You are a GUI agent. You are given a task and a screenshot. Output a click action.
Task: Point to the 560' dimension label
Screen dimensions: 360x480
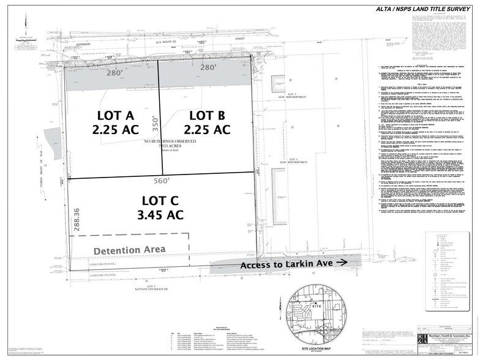click(160, 181)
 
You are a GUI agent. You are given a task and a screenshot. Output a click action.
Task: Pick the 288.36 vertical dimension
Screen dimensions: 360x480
click(77, 219)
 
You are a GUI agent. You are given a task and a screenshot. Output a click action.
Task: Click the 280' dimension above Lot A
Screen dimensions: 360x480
click(115, 73)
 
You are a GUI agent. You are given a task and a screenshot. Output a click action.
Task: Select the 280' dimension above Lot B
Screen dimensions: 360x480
click(209, 67)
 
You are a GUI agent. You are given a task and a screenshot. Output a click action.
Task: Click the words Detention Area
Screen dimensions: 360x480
click(129, 250)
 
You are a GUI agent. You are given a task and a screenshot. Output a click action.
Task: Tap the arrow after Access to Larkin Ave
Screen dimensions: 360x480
click(342, 261)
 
